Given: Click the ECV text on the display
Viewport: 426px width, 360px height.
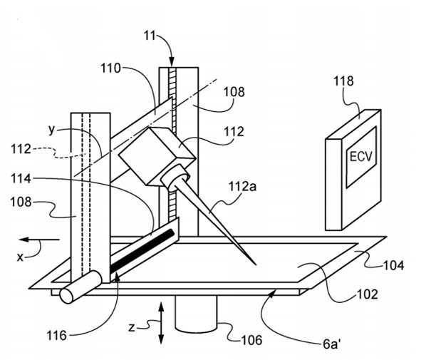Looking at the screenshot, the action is coord(360,156).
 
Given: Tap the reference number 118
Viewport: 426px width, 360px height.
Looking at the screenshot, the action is coord(343,81).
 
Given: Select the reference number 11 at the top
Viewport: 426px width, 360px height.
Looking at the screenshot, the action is coord(150,36).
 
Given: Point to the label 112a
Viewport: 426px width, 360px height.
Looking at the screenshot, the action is coord(242,187).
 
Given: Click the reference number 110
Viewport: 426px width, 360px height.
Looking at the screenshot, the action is coord(110,68).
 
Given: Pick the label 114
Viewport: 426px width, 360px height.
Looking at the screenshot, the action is coord(21,179).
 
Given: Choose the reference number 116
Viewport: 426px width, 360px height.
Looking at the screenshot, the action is coord(56,336).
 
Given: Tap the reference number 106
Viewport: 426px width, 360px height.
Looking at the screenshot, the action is coord(252,340).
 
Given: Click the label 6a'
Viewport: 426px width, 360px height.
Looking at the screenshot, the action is coord(331,344).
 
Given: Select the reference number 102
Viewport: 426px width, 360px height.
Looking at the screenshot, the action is coord(368,294).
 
